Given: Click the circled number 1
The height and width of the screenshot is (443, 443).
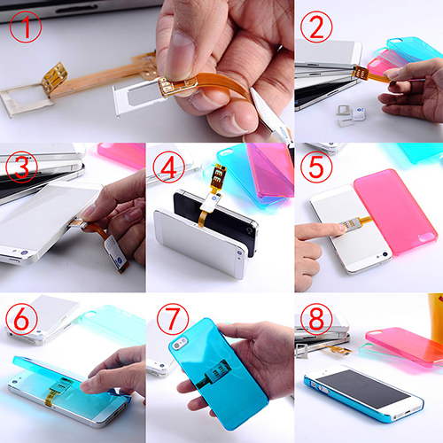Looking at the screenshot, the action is tap(26, 27).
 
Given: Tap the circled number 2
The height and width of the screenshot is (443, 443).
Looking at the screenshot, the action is tap(316, 27).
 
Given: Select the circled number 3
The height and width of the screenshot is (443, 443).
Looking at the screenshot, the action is tap(22, 167).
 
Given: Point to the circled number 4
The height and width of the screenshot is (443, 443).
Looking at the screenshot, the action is tap(168, 167).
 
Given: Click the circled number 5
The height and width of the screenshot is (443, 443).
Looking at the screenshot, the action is tap(316, 166).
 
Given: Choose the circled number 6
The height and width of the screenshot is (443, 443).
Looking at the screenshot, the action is tap(22, 319).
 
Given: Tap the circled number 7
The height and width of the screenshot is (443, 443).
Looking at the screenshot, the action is tap(173, 319).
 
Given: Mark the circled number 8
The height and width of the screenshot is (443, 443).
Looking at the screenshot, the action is tap(316, 319).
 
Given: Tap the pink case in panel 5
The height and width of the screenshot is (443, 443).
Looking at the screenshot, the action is tap(396, 211).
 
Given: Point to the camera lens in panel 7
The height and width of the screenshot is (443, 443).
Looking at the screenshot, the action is tap(178, 344).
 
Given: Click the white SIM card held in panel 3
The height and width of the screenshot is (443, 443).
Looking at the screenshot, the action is tap(116, 253).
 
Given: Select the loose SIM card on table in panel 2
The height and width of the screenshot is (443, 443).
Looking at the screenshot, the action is tap(359, 113).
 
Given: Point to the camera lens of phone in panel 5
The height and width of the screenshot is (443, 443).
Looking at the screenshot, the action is tap(385, 254).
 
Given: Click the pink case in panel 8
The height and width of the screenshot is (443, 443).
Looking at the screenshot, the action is tap(405, 346).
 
